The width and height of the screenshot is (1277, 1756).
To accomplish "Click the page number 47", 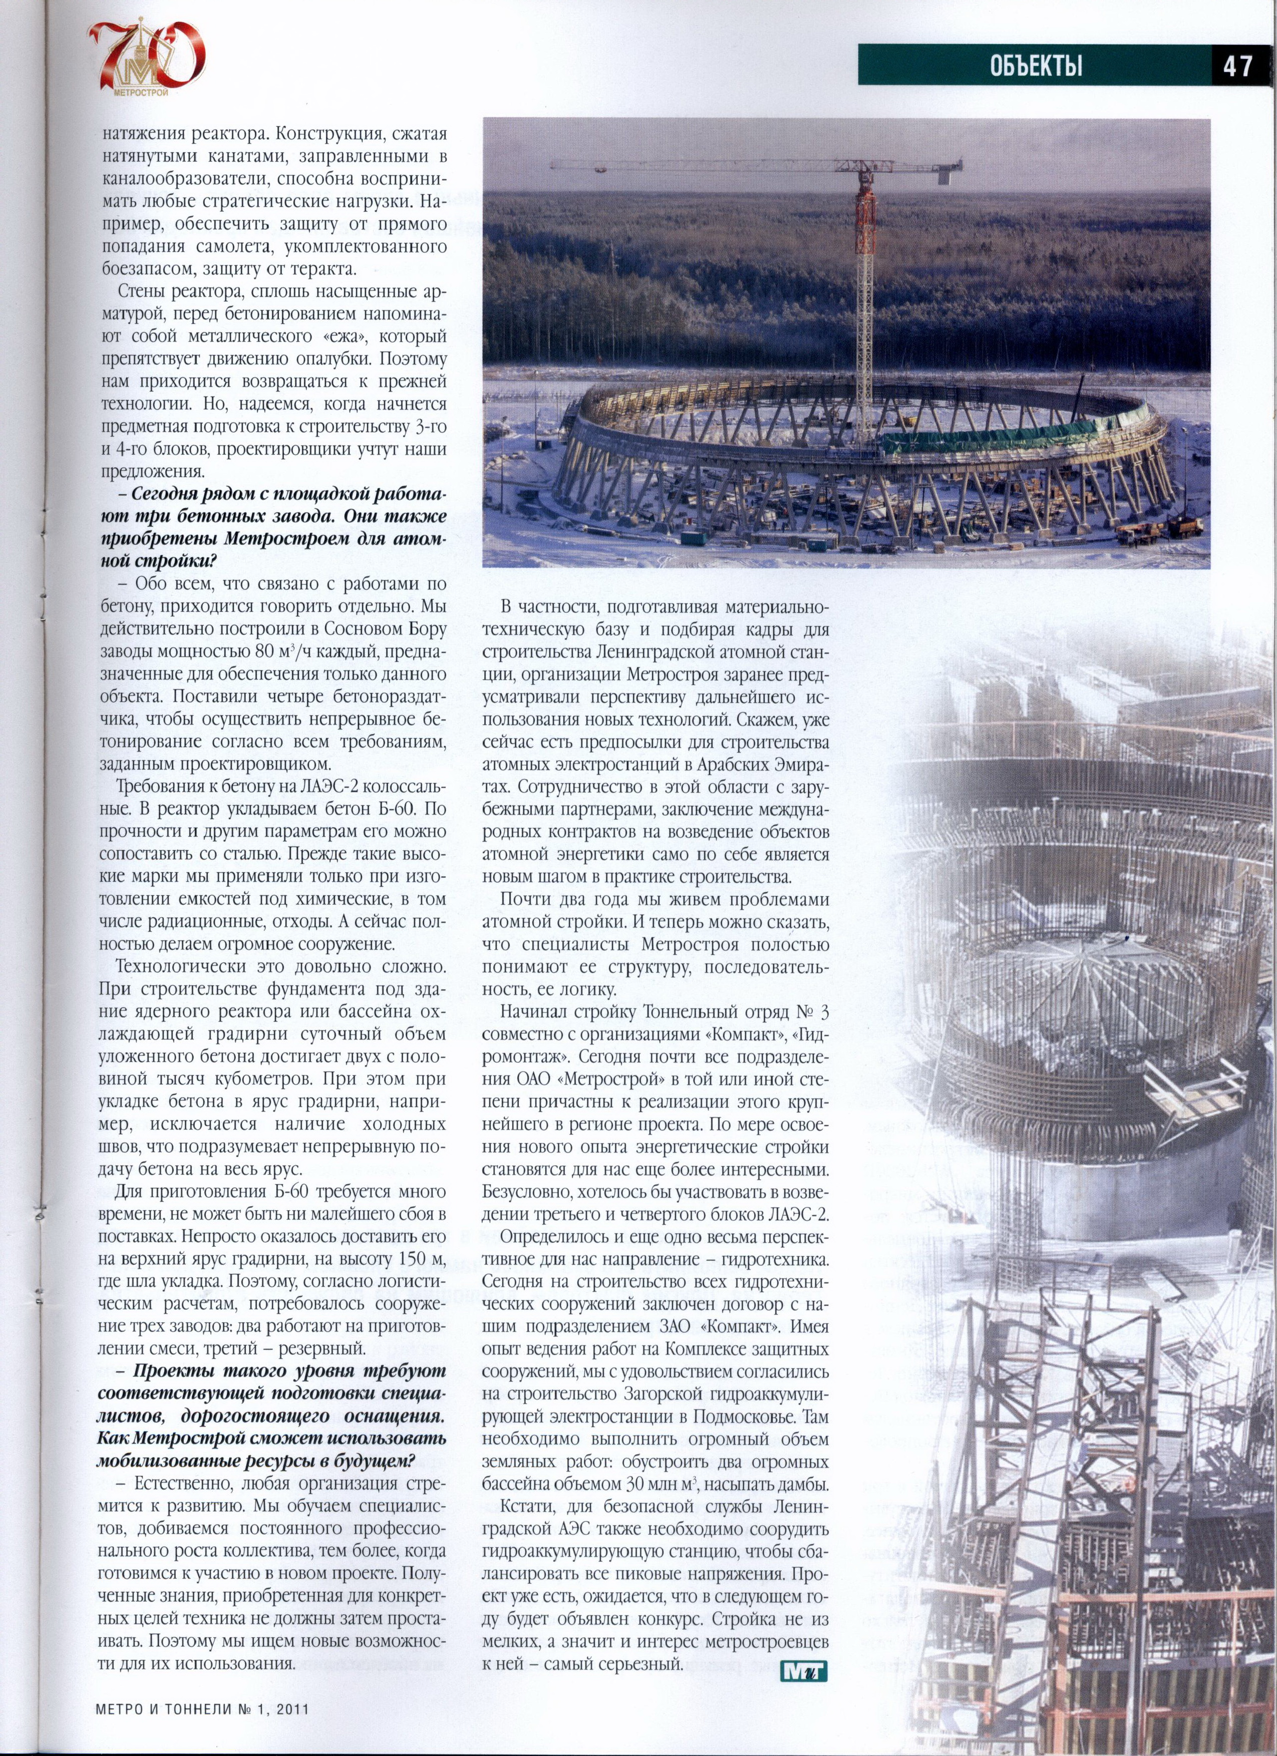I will pyautogui.click(x=1237, y=66).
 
